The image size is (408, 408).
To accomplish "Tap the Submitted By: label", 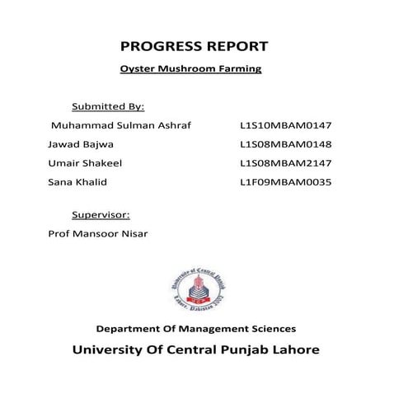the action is click(108, 106).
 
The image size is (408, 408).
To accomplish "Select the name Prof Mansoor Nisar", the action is click(97, 232).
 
